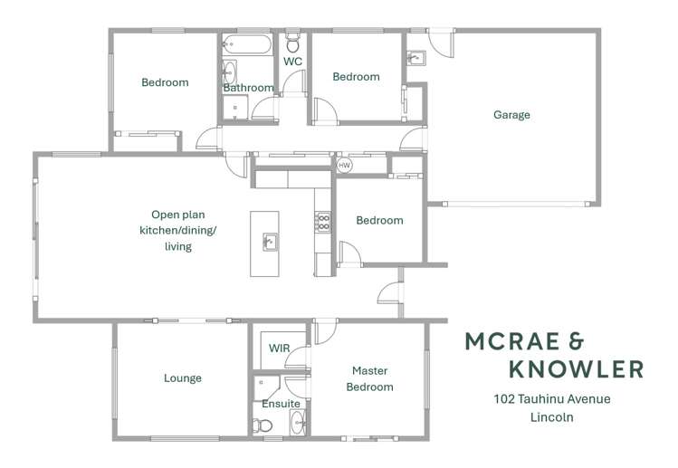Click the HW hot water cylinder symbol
tap(344, 166)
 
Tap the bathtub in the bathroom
tap(247, 44)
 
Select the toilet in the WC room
tap(292, 43)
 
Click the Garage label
tap(511, 115)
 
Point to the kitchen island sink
tap(271, 242)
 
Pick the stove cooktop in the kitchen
tap(323, 223)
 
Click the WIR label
tap(280, 349)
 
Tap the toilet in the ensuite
tap(262, 425)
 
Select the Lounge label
tap(183, 378)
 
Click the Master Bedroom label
tap(369, 379)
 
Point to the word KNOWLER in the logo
tap(576, 369)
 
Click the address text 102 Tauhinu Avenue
tap(552, 399)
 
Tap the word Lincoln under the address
tap(552, 417)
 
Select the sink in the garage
tap(416, 58)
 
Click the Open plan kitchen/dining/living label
tap(178, 231)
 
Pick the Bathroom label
tap(248, 88)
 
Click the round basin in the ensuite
tap(298, 422)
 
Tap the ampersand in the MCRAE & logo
tap(577, 341)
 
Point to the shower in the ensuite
tap(266, 387)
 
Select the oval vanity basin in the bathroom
tap(229, 72)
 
